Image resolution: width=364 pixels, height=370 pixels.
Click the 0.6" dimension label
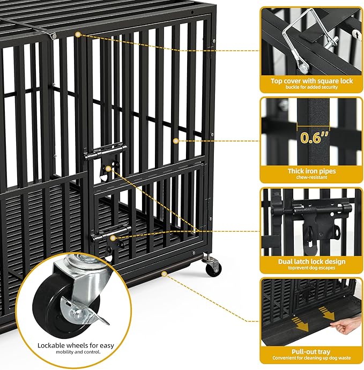[x=314, y=138]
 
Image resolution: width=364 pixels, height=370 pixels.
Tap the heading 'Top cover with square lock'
[x=311, y=81]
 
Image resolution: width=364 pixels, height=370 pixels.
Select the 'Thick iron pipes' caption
[x=311, y=171]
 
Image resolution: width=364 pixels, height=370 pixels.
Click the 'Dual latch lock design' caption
[x=311, y=262]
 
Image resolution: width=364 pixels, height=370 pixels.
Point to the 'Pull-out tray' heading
[x=311, y=352]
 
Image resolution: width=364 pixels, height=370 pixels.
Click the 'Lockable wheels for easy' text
[x=76, y=345]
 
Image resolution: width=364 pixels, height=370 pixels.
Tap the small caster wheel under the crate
[x=213, y=268]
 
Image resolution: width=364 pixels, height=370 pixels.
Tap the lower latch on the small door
[x=111, y=238]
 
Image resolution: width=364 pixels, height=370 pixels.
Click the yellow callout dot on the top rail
[x=78, y=35]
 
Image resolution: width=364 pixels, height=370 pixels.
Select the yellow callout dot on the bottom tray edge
[x=164, y=274]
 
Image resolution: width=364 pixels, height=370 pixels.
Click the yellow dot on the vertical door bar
[x=175, y=141]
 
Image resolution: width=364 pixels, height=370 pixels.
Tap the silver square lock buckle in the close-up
[x=307, y=40]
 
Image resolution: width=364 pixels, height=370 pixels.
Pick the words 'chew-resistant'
[x=311, y=177]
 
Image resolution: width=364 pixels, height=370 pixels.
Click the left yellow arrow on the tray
[x=301, y=324]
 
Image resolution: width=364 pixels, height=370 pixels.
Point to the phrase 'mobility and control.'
[x=78, y=352]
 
